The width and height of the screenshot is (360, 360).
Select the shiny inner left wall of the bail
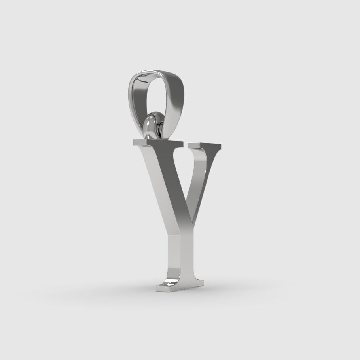tap(137, 95)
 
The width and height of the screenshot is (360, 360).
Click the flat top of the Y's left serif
tap(158, 141)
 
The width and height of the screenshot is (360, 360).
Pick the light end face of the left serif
tap(138, 144)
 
